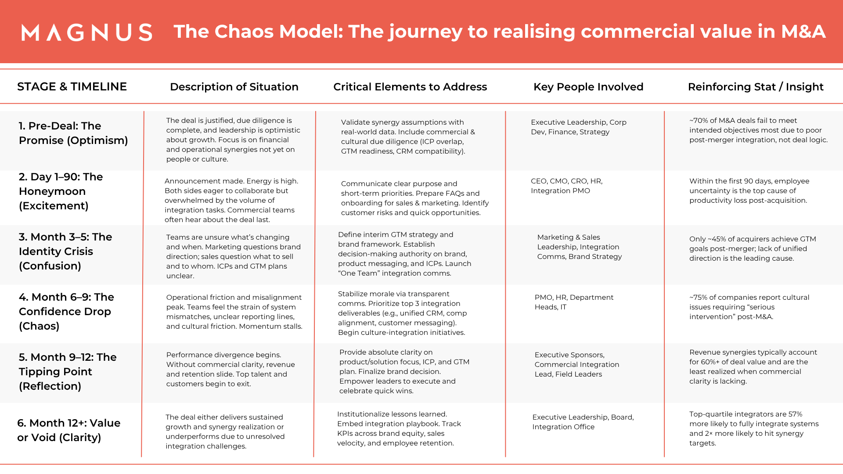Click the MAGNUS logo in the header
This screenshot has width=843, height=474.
[x=86, y=32]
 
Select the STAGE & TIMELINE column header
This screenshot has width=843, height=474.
[x=72, y=86]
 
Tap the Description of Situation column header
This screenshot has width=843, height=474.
[x=234, y=87]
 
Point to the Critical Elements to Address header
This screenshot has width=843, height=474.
[x=410, y=87]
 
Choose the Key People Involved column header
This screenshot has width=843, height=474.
[x=588, y=87]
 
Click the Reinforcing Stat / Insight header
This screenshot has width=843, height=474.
[x=756, y=87]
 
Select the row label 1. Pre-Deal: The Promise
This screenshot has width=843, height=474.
[x=73, y=133]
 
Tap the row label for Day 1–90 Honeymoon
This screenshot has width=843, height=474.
[x=61, y=191]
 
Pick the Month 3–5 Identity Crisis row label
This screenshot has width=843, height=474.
[x=65, y=251]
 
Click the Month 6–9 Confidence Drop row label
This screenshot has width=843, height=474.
[x=66, y=312]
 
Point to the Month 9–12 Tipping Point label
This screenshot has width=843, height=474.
[x=68, y=372]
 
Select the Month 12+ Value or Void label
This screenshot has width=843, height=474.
[x=68, y=430]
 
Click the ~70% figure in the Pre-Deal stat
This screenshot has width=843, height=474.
[x=698, y=121]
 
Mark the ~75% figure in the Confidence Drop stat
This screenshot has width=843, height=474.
[x=698, y=298]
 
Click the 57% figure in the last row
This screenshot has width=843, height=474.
[x=795, y=414]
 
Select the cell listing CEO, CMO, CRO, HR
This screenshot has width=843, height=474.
[x=566, y=186]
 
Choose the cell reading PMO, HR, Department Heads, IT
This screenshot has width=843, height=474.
[x=574, y=302]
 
